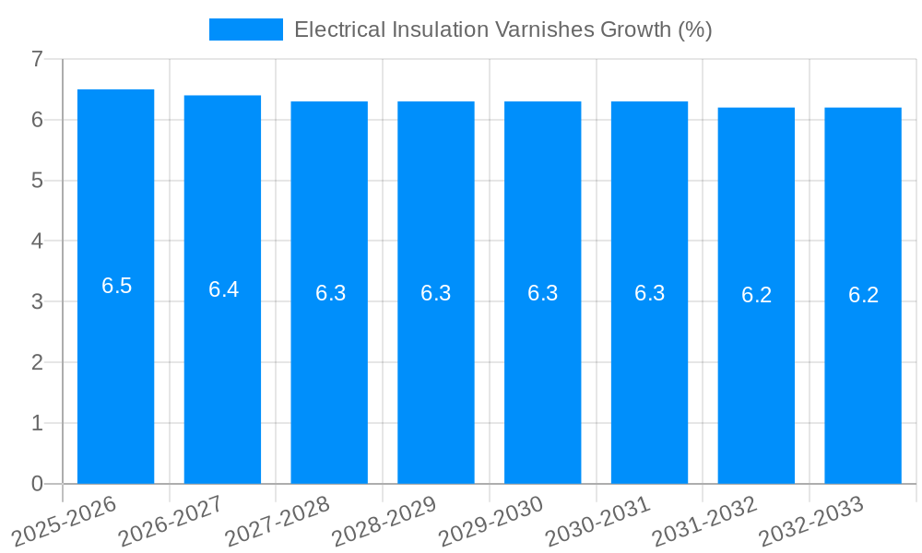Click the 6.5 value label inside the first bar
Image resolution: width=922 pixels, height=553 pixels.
click(x=116, y=286)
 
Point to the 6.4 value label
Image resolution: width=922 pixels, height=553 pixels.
click(x=223, y=289)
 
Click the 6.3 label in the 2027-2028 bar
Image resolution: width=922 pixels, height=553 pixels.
click(x=330, y=293)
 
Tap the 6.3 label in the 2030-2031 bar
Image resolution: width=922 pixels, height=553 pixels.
click(x=649, y=293)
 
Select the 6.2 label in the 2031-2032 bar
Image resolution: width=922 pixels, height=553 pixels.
click(x=756, y=295)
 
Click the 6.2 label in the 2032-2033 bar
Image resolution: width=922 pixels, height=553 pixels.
click(x=863, y=295)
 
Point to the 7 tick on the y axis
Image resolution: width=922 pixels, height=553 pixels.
click(x=37, y=59)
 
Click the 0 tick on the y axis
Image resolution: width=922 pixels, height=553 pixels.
click(x=37, y=484)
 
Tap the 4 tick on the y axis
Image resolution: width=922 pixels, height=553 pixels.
click(x=37, y=241)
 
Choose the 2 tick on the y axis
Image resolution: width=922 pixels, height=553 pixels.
click(x=37, y=362)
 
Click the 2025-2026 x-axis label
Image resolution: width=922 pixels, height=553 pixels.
click(x=65, y=522)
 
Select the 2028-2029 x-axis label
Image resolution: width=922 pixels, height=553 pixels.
click(x=384, y=522)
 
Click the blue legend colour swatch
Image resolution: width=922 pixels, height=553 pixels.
click(x=245, y=29)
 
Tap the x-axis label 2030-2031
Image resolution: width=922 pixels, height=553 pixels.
click(x=598, y=522)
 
